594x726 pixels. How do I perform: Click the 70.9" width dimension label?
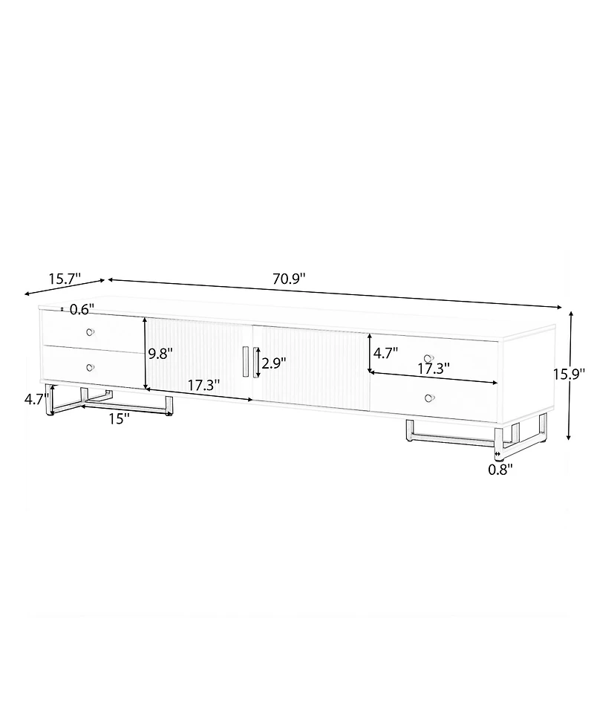290,279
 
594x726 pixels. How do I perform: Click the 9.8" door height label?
160,354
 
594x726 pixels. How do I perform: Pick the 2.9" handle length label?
274,363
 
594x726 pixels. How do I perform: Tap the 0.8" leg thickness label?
498,469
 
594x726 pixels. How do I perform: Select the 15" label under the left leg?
119,418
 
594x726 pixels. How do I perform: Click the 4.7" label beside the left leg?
36,398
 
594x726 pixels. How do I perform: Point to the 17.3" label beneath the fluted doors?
203,386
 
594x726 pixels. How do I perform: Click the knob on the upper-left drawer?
90,331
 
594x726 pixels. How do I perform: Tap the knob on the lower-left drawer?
90,367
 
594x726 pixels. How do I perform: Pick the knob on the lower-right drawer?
428,399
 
